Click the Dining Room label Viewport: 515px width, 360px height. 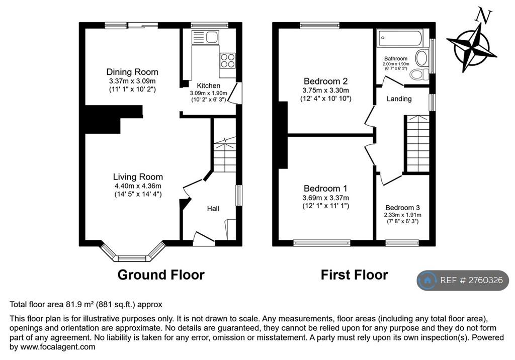coord(132,72)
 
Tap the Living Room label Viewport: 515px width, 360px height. coord(138,176)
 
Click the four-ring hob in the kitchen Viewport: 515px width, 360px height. coord(228,60)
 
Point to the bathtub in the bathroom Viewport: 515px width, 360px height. coord(400,38)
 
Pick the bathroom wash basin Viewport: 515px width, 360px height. coord(422,58)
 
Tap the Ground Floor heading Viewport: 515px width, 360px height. coord(161,275)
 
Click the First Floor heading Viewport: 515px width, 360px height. coord(355,275)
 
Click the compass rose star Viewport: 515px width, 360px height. coord(472,48)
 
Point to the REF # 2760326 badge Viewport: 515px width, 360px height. coord(463,280)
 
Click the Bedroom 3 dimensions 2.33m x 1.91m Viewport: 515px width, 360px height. coord(403,215)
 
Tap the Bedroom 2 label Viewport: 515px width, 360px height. coord(325,81)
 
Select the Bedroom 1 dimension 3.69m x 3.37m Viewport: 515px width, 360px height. coord(325,198)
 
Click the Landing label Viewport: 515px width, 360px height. coord(399,99)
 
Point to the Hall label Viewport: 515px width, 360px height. coord(213,208)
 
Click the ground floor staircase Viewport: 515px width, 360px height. coord(225,154)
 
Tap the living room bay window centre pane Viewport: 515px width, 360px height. coord(132,258)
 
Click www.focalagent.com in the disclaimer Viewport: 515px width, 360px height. coord(58,346)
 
